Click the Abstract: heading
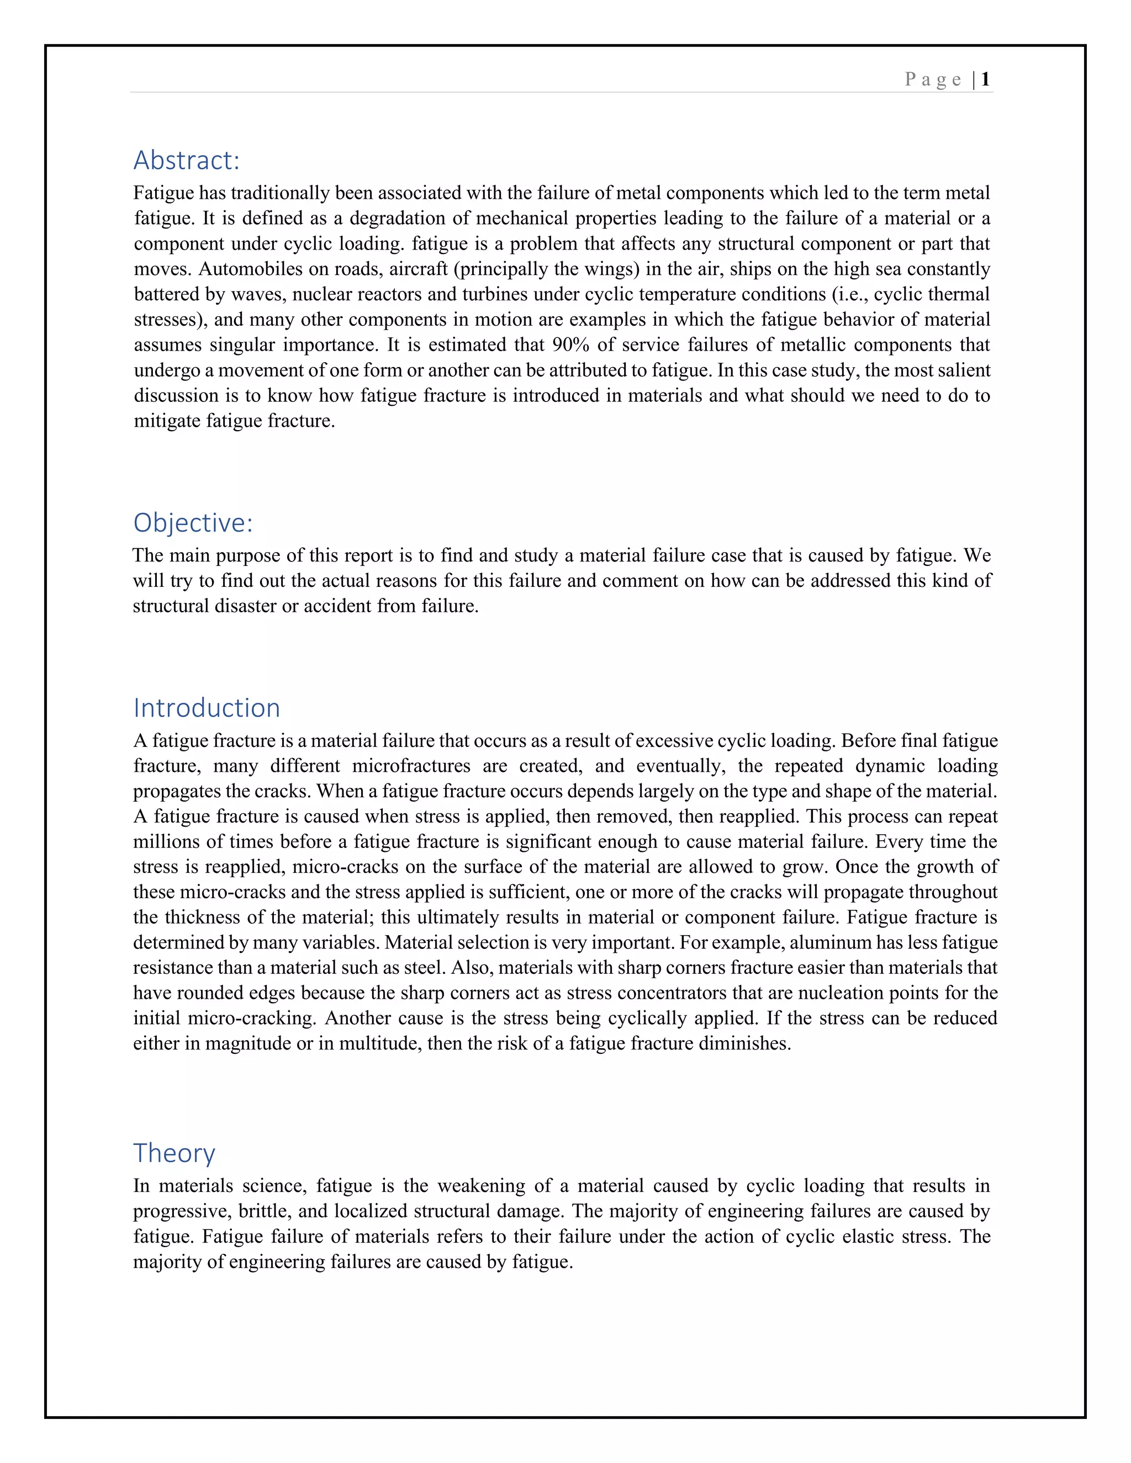point(186,161)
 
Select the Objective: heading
point(193,523)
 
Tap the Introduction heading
point(207,708)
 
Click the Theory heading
point(174,1153)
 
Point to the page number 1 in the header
point(985,79)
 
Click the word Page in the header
point(933,79)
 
